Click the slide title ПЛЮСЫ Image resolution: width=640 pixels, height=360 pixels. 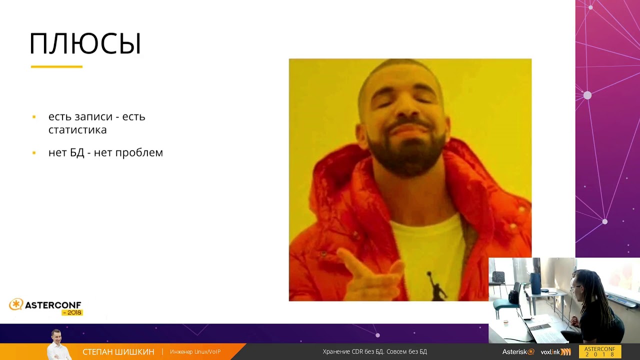[85, 43]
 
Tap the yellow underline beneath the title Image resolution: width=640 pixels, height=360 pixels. [56, 67]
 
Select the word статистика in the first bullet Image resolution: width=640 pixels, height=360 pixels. [77, 130]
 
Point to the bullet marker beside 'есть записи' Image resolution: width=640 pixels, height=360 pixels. [34, 117]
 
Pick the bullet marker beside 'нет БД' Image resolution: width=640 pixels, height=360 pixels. [34, 153]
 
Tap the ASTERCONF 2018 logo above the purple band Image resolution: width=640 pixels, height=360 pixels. [46, 307]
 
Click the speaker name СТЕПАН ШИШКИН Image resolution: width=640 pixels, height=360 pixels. [118, 351]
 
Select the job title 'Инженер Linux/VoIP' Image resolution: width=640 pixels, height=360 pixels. [195, 351]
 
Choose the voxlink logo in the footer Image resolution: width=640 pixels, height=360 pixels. [555, 351]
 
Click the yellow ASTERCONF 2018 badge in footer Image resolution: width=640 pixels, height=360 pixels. [600, 351]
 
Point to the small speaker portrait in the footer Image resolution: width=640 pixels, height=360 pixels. [58, 344]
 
